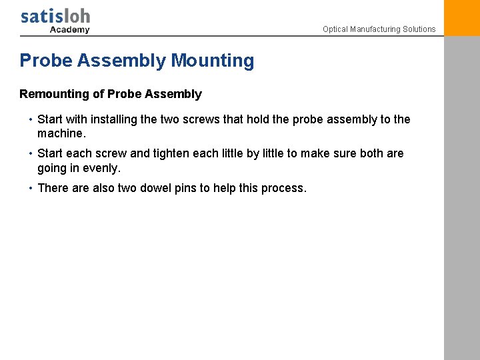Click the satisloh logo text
[x=55, y=16]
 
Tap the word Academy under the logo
[x=69, y=29]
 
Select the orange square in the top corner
[x=461, y=17]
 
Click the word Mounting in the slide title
[x=213, y=61]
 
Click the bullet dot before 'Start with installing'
[x=31, y=119]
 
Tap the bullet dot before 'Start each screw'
[x=31, y=153]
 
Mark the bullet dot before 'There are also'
[x=31, y=188]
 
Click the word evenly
[x=99, y=168]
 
